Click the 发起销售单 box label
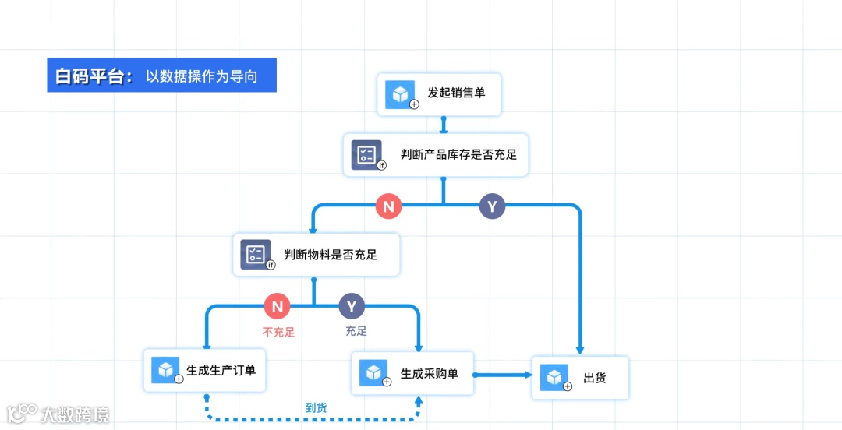[x=456, y=93]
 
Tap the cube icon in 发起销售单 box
[x=401, y=94]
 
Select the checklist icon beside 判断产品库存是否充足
[x=366, y=154]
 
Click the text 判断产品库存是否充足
[x=458, y=154]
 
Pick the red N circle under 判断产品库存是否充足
[x=388, y=206]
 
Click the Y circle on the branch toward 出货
[x=492, y=206]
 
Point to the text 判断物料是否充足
[x=331, y=254]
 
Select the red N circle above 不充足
[x=277, y=306]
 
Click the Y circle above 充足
[x=352, y=306]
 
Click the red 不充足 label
[x=278, y=331]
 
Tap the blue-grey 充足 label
[x=356, y=331]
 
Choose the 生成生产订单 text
[x=221, y=370]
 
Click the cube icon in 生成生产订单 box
[x=165, y=370]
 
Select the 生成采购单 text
[x=429, y=373]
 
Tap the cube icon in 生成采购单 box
[x=373, y=372]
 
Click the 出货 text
[x=595, y=379]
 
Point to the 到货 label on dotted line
[x=316, y=407]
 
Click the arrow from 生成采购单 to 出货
[x=502, y=375]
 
